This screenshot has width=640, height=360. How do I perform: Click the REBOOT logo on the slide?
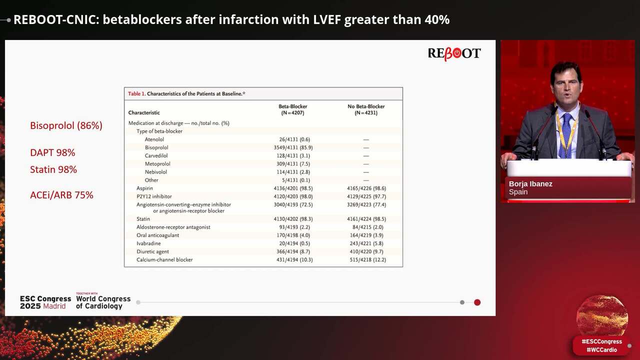click(x=454, y=53)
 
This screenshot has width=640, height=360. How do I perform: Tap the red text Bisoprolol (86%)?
click(x=66, y=125)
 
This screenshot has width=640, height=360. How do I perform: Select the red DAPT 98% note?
click(x=52, y=152)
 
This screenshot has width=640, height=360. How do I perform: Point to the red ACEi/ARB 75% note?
click(x=61, y=195)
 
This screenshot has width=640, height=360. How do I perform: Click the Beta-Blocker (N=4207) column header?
click(x=292, y=109)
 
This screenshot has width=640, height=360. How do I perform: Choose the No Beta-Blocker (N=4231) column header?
click(x=366, y=109)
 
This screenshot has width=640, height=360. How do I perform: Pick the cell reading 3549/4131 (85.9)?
click(x=296, y=147)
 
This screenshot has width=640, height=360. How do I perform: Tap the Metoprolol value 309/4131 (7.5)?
click(x=296, y=164)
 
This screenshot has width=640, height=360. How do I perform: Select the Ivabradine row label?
click(x=148, y=243)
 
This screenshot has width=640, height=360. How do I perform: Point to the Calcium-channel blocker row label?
click(x=164, y=260)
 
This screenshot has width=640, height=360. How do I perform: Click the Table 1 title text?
click(x=186, y=93)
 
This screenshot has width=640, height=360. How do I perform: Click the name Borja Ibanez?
click(x=530, y=183)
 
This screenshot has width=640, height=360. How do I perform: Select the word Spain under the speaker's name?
click(x=518, y=192)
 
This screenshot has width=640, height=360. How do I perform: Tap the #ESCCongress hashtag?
click(x=601, y=341)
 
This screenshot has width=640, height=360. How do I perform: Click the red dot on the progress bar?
click(x=477, y=302)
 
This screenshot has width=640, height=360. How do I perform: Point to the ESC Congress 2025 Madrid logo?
click(x=45, y=302)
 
